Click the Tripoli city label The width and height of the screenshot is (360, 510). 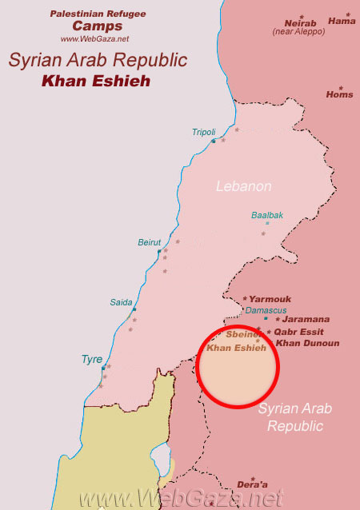[204, 132]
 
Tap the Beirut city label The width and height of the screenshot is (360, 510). [150, 242]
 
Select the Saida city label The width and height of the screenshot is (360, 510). [122, 302]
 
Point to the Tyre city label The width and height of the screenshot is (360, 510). [92, 359]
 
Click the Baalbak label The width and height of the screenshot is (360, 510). [267, 215]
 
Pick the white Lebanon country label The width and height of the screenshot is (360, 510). [244, 186]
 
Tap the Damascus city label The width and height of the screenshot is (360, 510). [266, 309]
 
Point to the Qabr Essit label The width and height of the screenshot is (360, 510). [302, 332]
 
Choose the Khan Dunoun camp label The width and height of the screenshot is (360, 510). [307, 343]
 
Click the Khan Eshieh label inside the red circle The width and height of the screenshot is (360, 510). [236, 349]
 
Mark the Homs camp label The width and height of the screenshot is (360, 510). [339, 94]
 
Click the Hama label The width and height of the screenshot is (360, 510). [342, 21]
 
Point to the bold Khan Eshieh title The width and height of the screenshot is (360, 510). [98, 81]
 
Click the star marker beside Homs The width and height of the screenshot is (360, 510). [340, 87]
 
